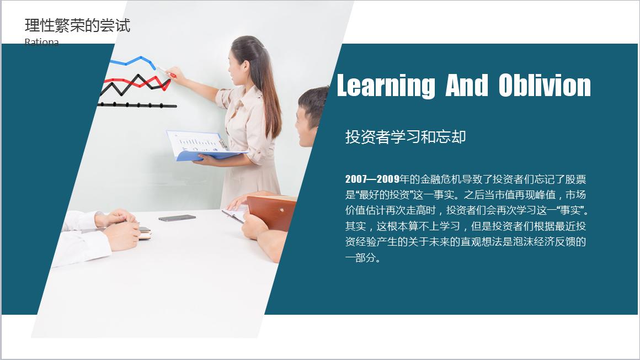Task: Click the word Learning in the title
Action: tap(386, 86)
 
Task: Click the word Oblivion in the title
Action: tap(545, 86)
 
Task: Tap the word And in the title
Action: tap(467, 86)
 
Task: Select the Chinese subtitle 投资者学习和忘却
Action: tap(406, 136)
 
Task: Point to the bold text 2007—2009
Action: tap(373, 179)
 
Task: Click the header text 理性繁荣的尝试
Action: tap(78, 25)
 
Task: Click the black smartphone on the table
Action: tap(177, 218)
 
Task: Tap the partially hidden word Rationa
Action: tap(41, 42)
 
